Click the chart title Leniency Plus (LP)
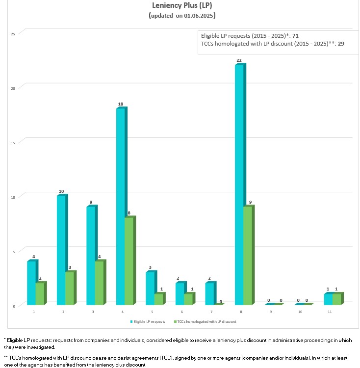point(182,6)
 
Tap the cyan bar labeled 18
point(120,207)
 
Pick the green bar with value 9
point(248,256)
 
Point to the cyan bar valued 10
point(61,250)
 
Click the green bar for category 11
point(336,299)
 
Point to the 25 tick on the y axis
point(13,33)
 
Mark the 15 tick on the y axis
point(13,142)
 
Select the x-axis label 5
point(153,312)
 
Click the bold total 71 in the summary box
point(295,36)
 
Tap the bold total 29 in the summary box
point(341,44)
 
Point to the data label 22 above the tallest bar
point(239,60)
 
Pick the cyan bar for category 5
point(150,289)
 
